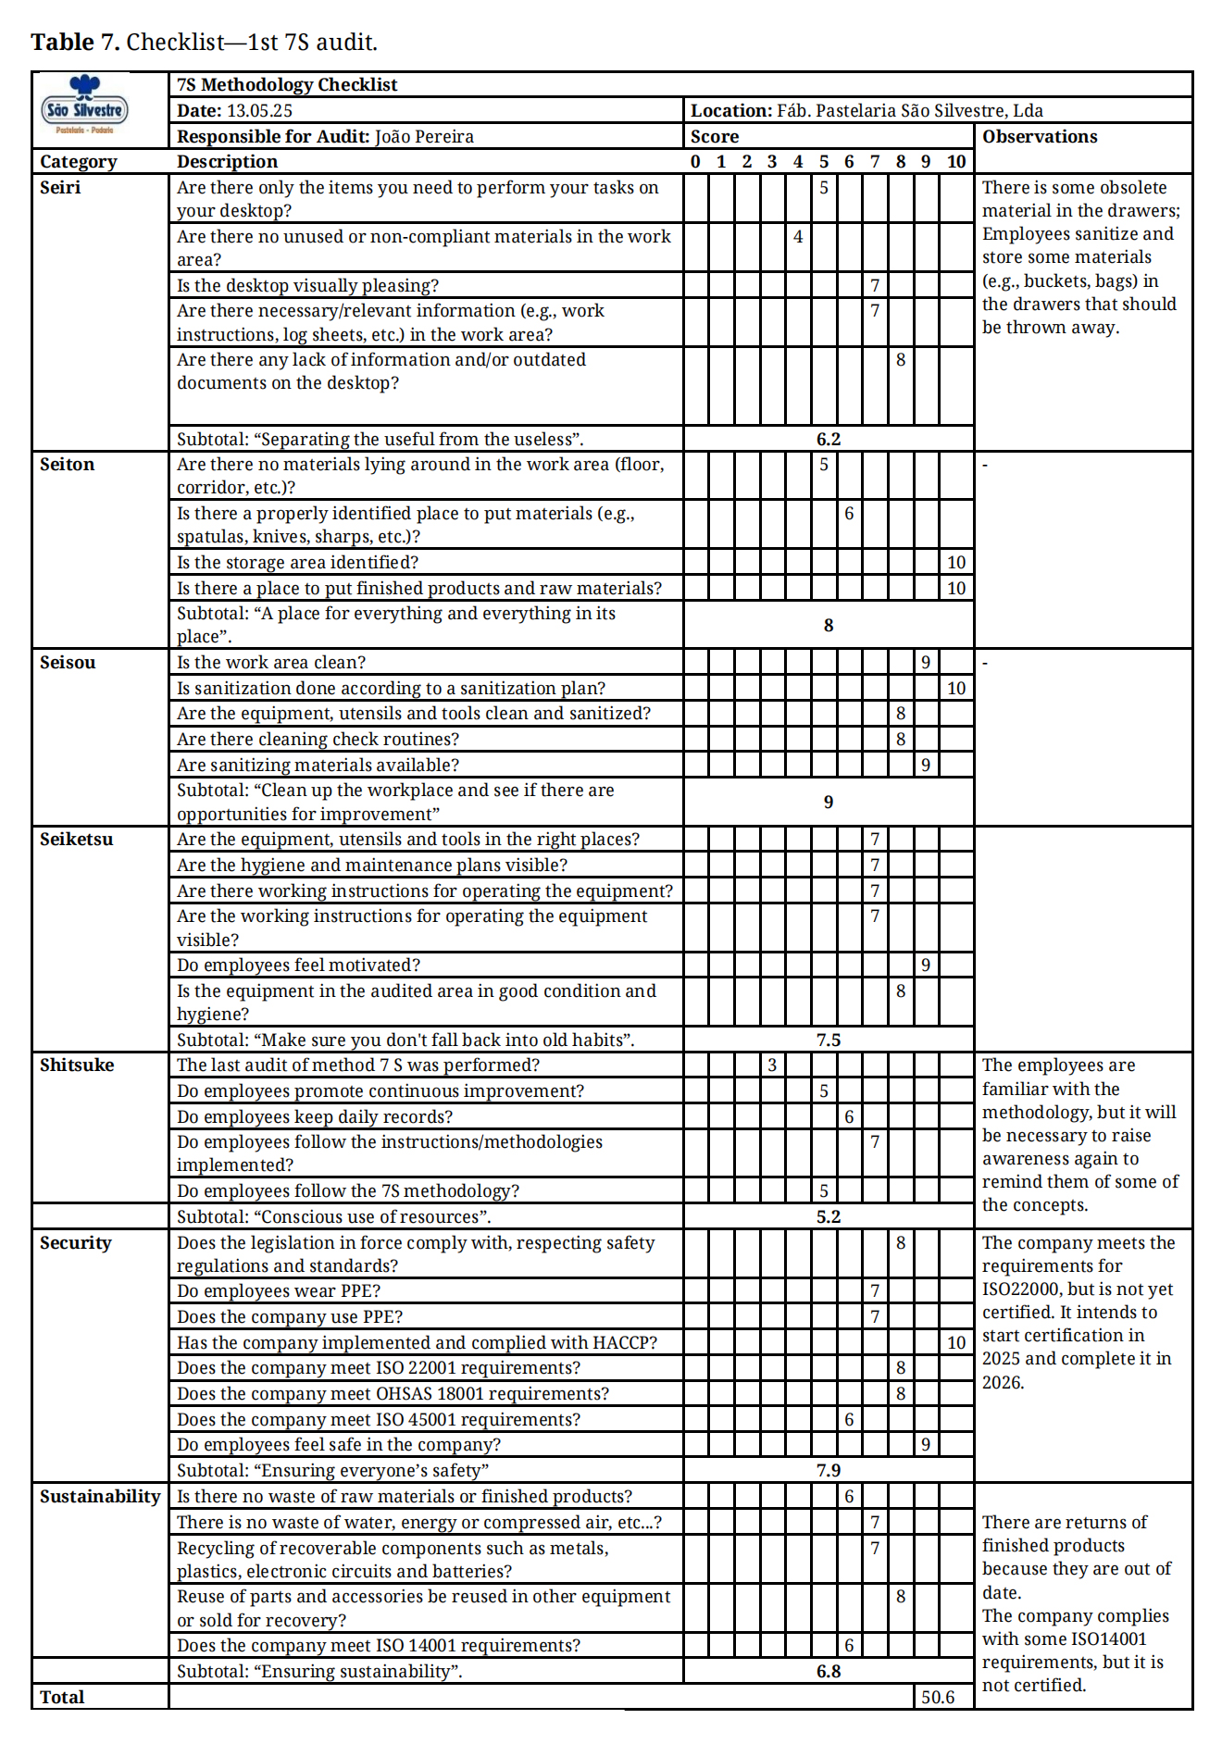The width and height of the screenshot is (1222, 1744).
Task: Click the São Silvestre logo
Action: [84, 107]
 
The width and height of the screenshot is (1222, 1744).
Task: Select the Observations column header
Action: [1040, 137]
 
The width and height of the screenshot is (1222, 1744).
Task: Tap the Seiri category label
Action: [60, 187]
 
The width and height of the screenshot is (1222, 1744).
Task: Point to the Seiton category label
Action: [67, 465]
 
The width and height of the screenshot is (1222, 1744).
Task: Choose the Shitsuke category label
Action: [77, 1065]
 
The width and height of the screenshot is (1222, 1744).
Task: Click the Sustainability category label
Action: [100, 1497]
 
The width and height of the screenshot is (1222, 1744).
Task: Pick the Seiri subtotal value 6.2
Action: [829, 440]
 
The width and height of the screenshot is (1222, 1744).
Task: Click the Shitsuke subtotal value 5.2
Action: [829, 1217]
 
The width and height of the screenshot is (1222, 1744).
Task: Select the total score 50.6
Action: [938, 1698]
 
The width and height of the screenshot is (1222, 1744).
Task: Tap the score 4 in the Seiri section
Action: [798, 237]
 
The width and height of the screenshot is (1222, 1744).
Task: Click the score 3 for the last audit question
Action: [772, 1065]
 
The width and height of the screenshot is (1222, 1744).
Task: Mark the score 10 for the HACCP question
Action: [956, 1343]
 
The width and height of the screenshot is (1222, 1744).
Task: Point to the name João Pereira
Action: [424, 137]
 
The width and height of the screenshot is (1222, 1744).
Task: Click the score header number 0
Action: [695, 162]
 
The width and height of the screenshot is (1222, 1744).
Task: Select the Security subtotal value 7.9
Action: [829, 1471]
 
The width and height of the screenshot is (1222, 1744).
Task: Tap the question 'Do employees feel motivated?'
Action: [298, 965]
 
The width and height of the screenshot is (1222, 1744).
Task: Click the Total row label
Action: [62, 1698]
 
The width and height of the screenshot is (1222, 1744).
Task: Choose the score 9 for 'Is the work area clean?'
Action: [926, 663]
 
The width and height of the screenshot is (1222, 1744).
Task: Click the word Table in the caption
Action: [62, 43]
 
